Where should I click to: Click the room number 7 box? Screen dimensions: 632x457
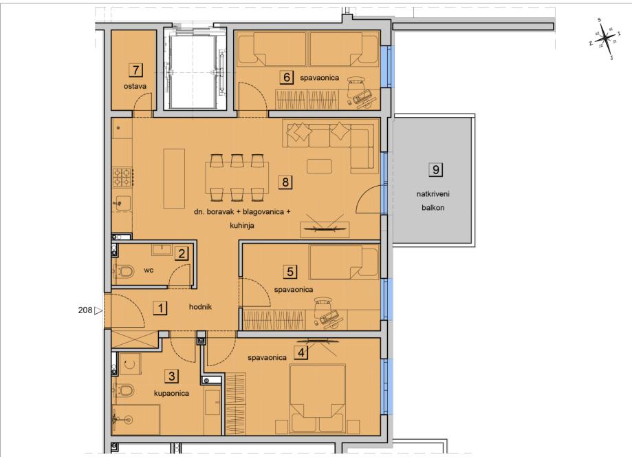pos(136,70)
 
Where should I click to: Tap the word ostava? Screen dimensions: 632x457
pos(135,86)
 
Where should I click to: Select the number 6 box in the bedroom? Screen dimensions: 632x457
pos(287,77)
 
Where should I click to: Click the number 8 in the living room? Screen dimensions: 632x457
pos(285,182)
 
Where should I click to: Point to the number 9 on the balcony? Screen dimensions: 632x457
pos(436,170)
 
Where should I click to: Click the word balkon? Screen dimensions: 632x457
pos(433,208)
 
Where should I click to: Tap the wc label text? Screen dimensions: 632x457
pos(149,270)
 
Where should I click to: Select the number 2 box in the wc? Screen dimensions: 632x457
pos(182,254)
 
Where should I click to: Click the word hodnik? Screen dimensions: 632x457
pos(200,307)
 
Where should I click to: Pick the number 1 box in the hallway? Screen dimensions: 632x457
pos(160,308)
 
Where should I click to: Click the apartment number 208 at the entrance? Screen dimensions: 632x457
pos(85,310)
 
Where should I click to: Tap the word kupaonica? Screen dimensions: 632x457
pos(171,393)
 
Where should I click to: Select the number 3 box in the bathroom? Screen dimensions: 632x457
pos(172,376)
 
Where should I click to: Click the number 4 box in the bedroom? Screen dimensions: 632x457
pos(301,352)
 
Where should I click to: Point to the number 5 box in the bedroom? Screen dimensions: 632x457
pos(290,272)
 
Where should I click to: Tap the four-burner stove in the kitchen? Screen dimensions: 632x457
pos(122,178)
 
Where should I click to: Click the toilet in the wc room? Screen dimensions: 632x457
pos(125,271)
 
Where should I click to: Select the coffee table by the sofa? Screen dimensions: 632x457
pos(320,166)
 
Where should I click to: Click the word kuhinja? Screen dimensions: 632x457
pos(242,226)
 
